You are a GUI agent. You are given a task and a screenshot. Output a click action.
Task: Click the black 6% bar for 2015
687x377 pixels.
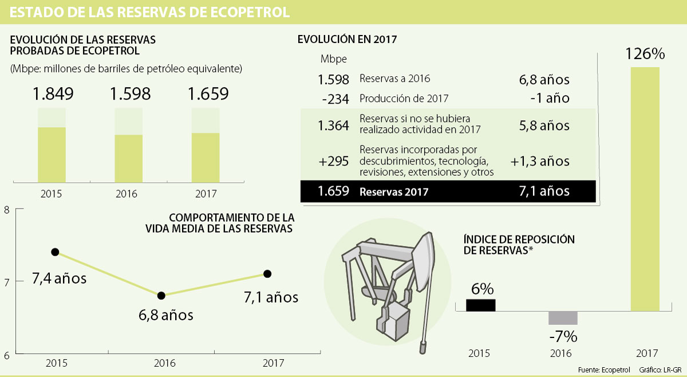tap(481, 305)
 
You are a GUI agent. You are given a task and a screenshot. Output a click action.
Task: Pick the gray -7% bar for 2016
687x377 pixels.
tap(563, 318)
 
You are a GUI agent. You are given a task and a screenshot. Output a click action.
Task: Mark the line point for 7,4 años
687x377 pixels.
tap(55, 252)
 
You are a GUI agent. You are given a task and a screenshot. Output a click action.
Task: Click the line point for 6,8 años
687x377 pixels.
tap(161, 296)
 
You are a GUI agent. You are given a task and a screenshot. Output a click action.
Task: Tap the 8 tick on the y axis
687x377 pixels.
tap(6, 210)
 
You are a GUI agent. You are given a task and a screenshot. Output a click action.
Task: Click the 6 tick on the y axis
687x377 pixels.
tap(6, 356)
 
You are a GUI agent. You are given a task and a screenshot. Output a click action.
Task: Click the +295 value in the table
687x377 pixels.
tap(335, 161)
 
